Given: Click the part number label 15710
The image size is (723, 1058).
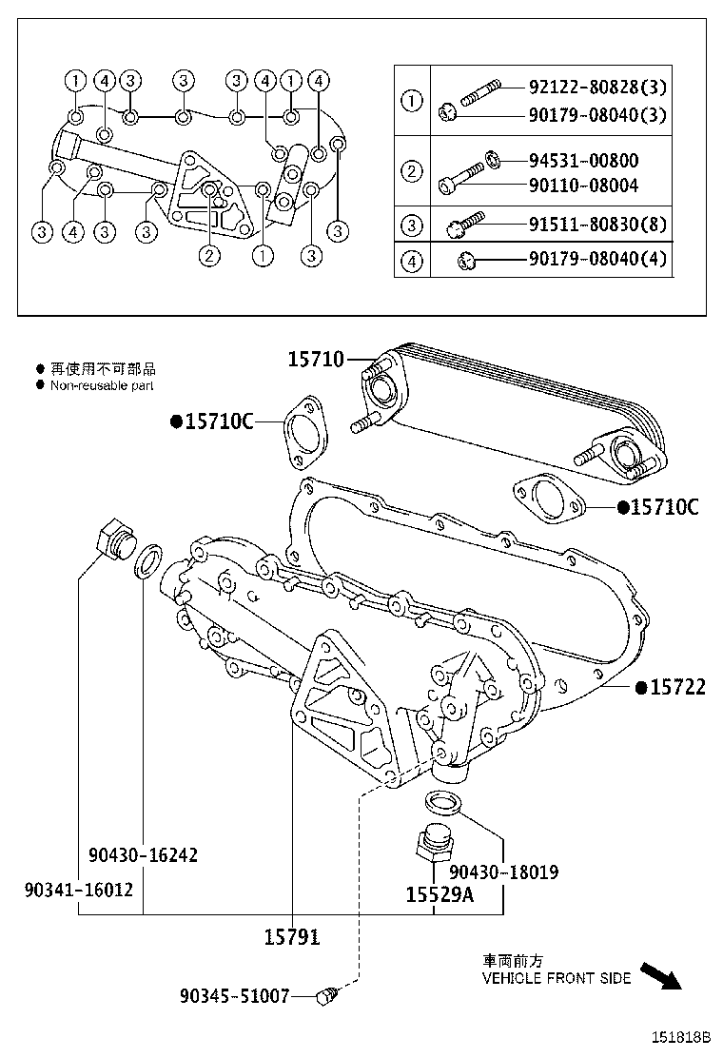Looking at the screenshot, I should coord(317,359).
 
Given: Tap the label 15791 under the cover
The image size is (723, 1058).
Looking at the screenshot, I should coord(291,937).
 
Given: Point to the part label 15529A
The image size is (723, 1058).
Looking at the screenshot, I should coord(439,894).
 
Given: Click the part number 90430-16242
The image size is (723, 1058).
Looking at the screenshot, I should coord(144,854).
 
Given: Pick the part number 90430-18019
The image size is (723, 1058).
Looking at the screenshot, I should coord(503,871).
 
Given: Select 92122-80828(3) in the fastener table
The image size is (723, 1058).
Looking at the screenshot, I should coord(597,88).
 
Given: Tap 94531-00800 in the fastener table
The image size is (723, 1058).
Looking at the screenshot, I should coord(583,160).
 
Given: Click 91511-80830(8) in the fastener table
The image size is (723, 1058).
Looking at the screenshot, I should coord(597,225).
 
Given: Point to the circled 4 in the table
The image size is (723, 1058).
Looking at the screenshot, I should coord(412,260).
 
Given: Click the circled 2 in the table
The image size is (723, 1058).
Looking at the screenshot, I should coord(412,172).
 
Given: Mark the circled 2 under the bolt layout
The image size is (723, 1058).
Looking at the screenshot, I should coord(208,254).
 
